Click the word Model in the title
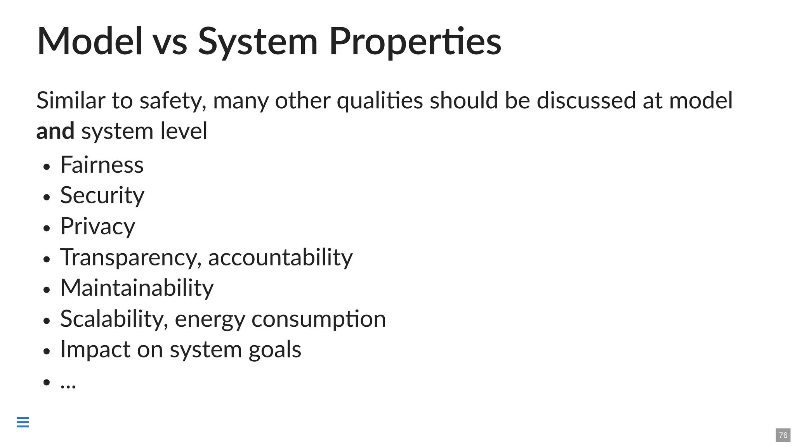pyautogui.click(x=90, y=41)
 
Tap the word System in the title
pyautogui.click(x=258, y=42)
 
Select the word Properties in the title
pyautogui.click(x=415, y=42)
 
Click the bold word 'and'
pyautogui.click(x=55, y=131)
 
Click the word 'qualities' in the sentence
pyautogui.click(x=380, y=101)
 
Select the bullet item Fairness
pyautogui.click(x=102, y=165)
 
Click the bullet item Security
pyautogui.click(x=102, y=196)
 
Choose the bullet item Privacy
pyautogui.click(x=97, y=227)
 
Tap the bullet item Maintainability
pyautogui.click(x=137, y=288)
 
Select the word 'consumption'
pyautogui.click(x=319, y=319)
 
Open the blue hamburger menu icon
pyautogui.click(x=23, y=422)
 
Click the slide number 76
pyautogui.click(x=783, y=435)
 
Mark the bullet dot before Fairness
pyautogui.click(x=47, y=167)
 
